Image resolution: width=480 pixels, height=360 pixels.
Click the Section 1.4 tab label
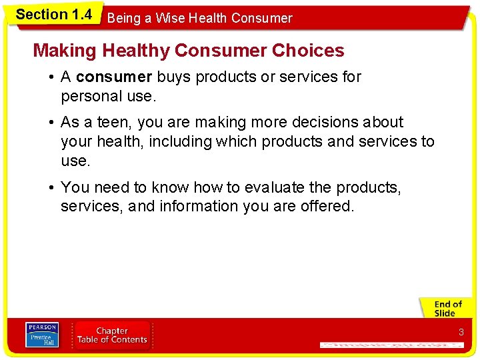[53, 14]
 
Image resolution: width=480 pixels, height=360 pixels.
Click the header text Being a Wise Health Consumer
[199, 19]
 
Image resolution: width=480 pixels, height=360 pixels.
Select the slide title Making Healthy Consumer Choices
[189, 51]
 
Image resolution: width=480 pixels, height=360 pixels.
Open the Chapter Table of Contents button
[112, 335]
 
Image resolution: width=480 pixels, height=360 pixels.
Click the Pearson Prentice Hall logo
[42, 335]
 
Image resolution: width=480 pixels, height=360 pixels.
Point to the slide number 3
[461, 332]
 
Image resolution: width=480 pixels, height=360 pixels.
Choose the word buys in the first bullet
[173, 77]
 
